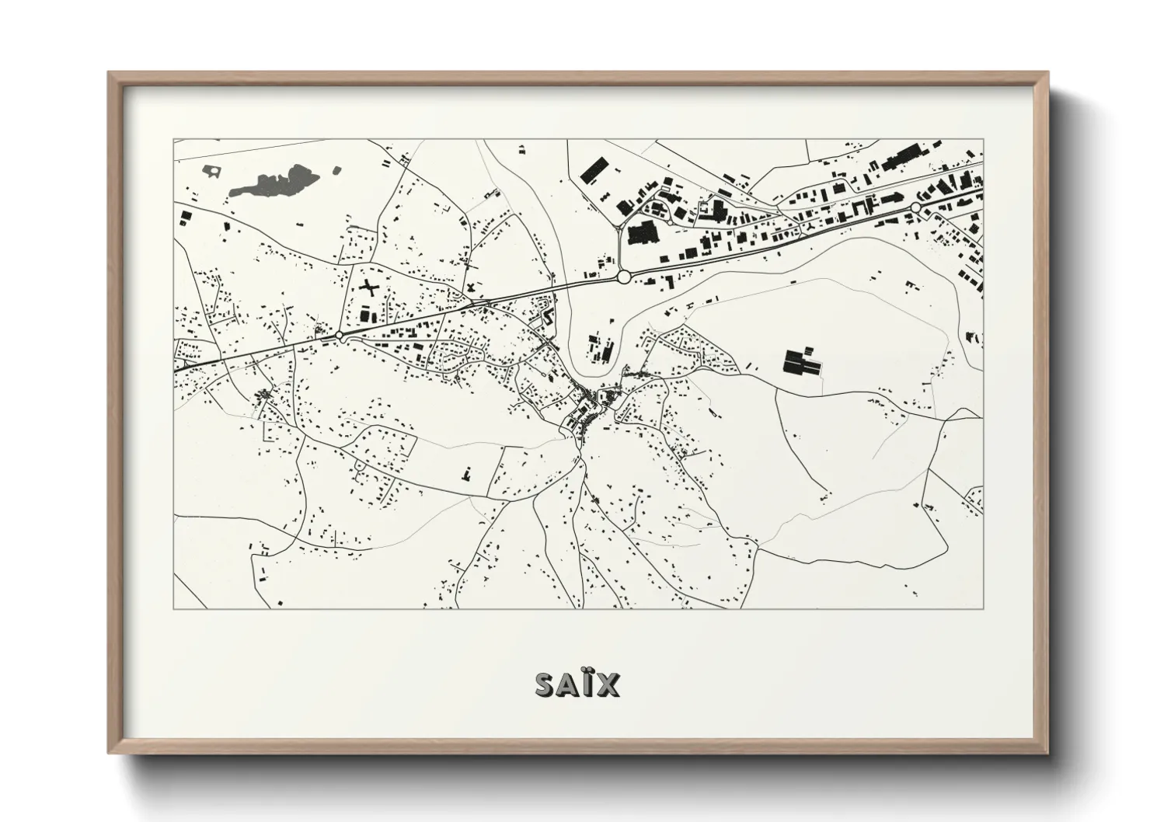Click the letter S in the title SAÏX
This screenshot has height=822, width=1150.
pos(545,684)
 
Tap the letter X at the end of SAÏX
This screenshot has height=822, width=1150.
pos(608,684)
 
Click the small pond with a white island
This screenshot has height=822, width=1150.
pos(211,170)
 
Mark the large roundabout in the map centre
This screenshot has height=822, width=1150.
pos(623,277)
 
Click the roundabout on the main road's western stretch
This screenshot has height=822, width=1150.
pos(340,336)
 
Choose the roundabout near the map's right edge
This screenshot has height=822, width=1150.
pos(915,208)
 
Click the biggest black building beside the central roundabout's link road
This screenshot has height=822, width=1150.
pos(642,232)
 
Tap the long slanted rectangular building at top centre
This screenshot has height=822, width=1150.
pos(593,171)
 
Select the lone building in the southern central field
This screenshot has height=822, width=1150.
pos(466,472)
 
